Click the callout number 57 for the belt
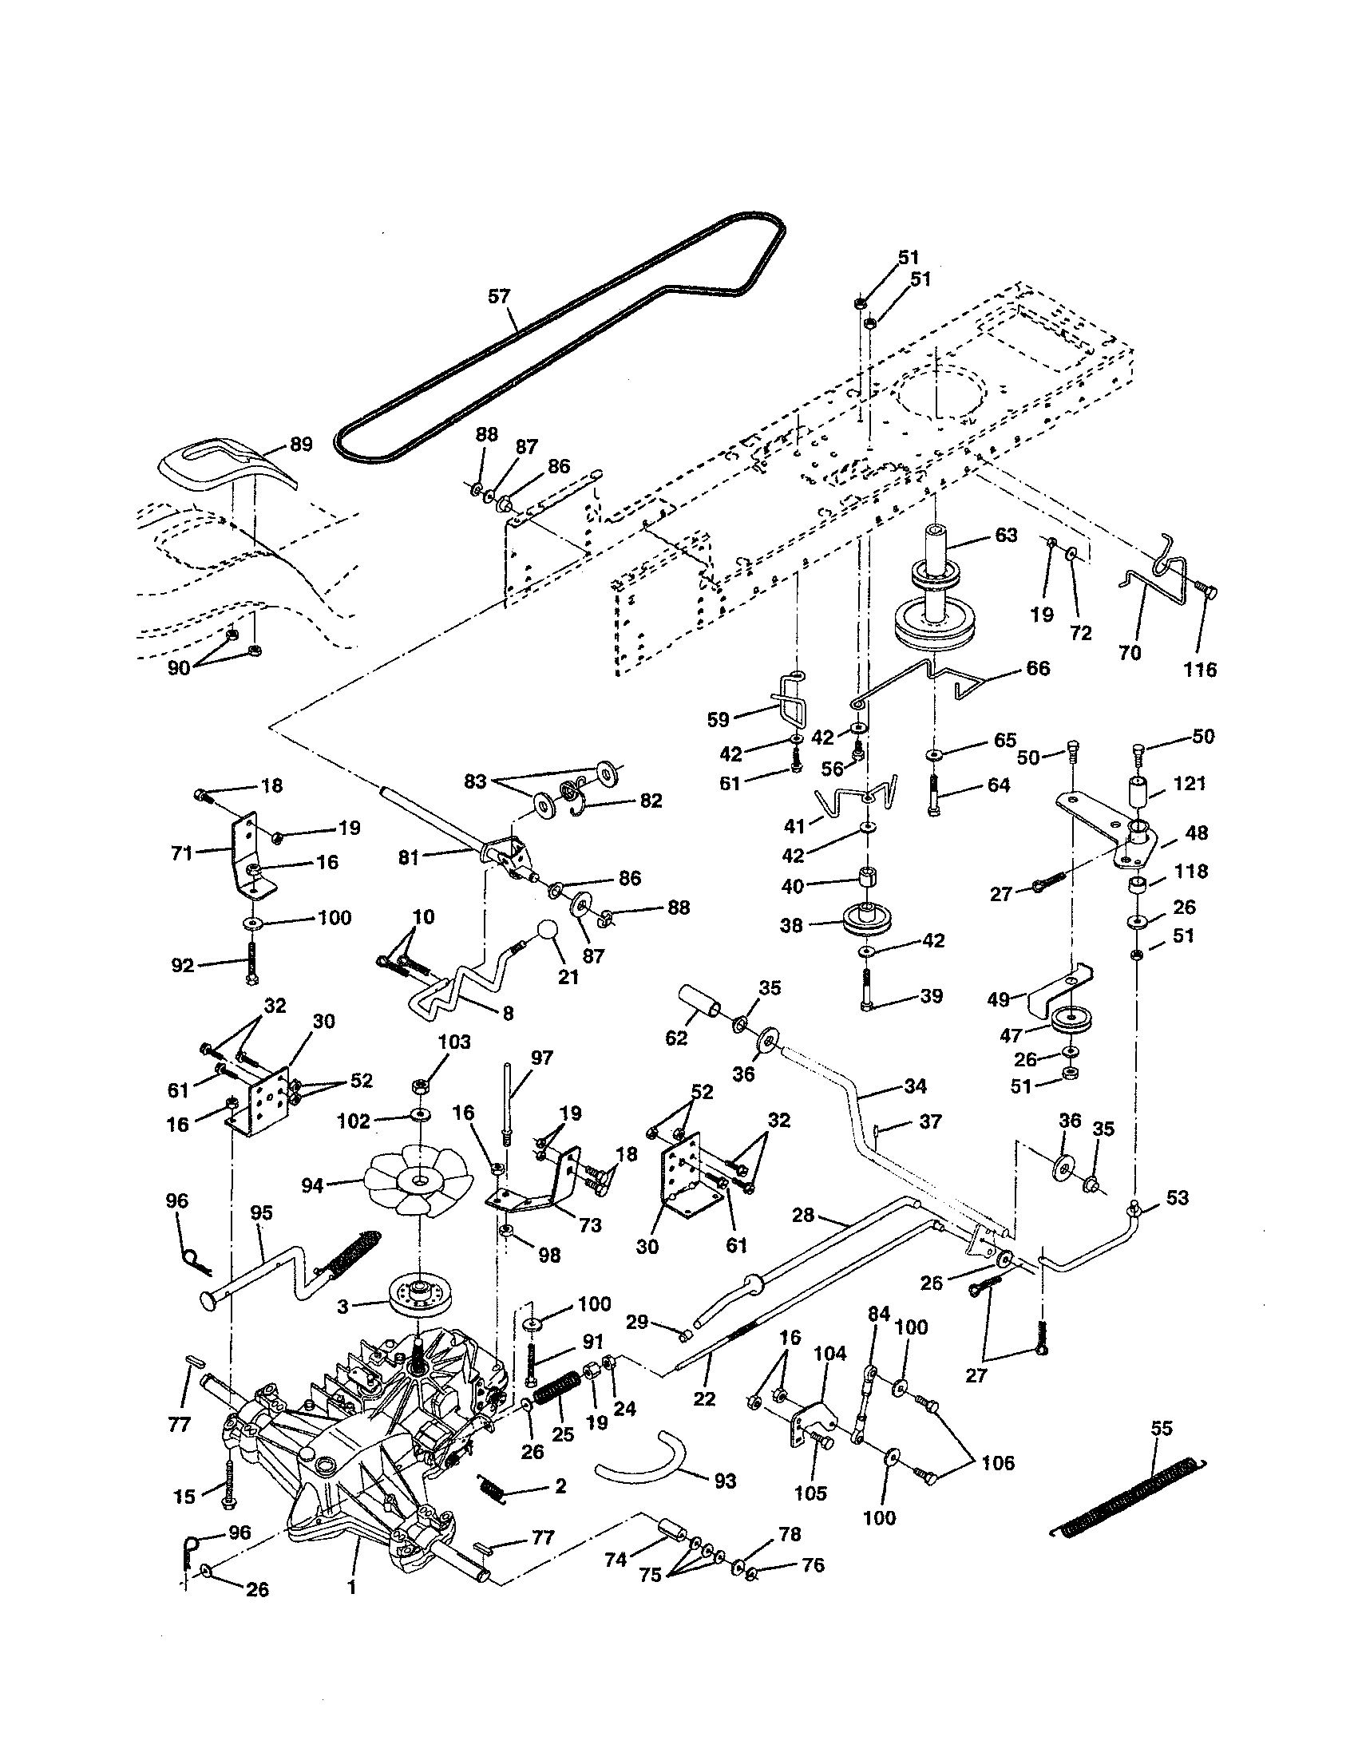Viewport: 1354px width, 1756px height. coord(498,297)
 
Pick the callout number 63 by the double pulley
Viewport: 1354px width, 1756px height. coord(1006,536)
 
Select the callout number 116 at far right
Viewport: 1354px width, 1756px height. coord(1200,669)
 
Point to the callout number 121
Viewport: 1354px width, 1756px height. coord(1190,783)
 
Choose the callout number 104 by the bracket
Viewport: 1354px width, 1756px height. coord(829,1354)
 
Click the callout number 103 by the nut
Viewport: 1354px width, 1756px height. coord(454,1043)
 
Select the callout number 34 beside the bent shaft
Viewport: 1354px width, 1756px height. coord(914,1086)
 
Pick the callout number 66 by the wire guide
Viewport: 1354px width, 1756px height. coord(1038,668)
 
